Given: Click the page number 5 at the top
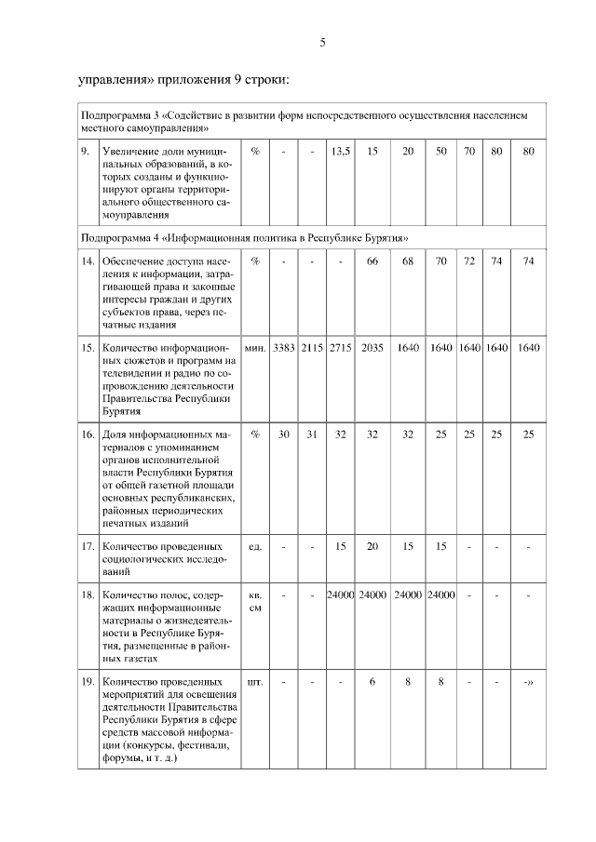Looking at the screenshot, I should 322,43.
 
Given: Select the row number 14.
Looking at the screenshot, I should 87,262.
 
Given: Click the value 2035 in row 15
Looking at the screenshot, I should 372,347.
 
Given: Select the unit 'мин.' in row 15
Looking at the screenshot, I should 255,347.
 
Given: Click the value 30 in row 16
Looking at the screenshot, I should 284,434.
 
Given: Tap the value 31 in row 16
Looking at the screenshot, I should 312,434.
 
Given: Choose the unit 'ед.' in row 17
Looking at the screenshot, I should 255,546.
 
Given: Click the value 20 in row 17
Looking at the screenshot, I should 372,546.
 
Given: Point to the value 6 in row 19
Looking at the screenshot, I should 372,681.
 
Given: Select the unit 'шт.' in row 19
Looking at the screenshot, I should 255,681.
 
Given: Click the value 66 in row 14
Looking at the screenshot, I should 372,262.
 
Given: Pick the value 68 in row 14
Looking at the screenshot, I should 408,262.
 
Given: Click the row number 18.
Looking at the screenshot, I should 87,595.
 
